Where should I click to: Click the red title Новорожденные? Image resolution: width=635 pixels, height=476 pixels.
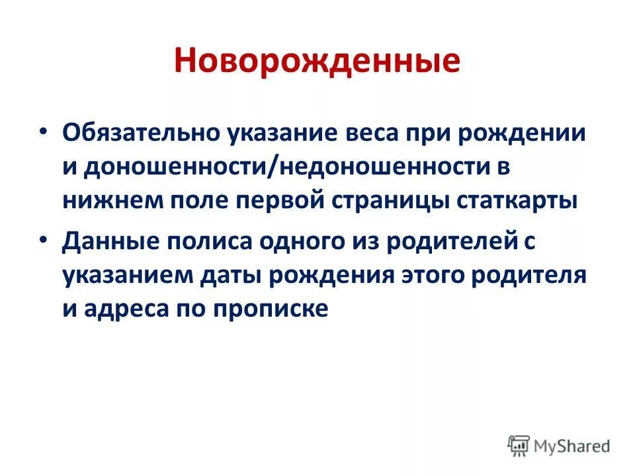click(x=317, y=61)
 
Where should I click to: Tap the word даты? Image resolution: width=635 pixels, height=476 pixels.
click(x=237, y=275)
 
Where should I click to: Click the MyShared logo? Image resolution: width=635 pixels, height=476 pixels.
click(x=559, y=445)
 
